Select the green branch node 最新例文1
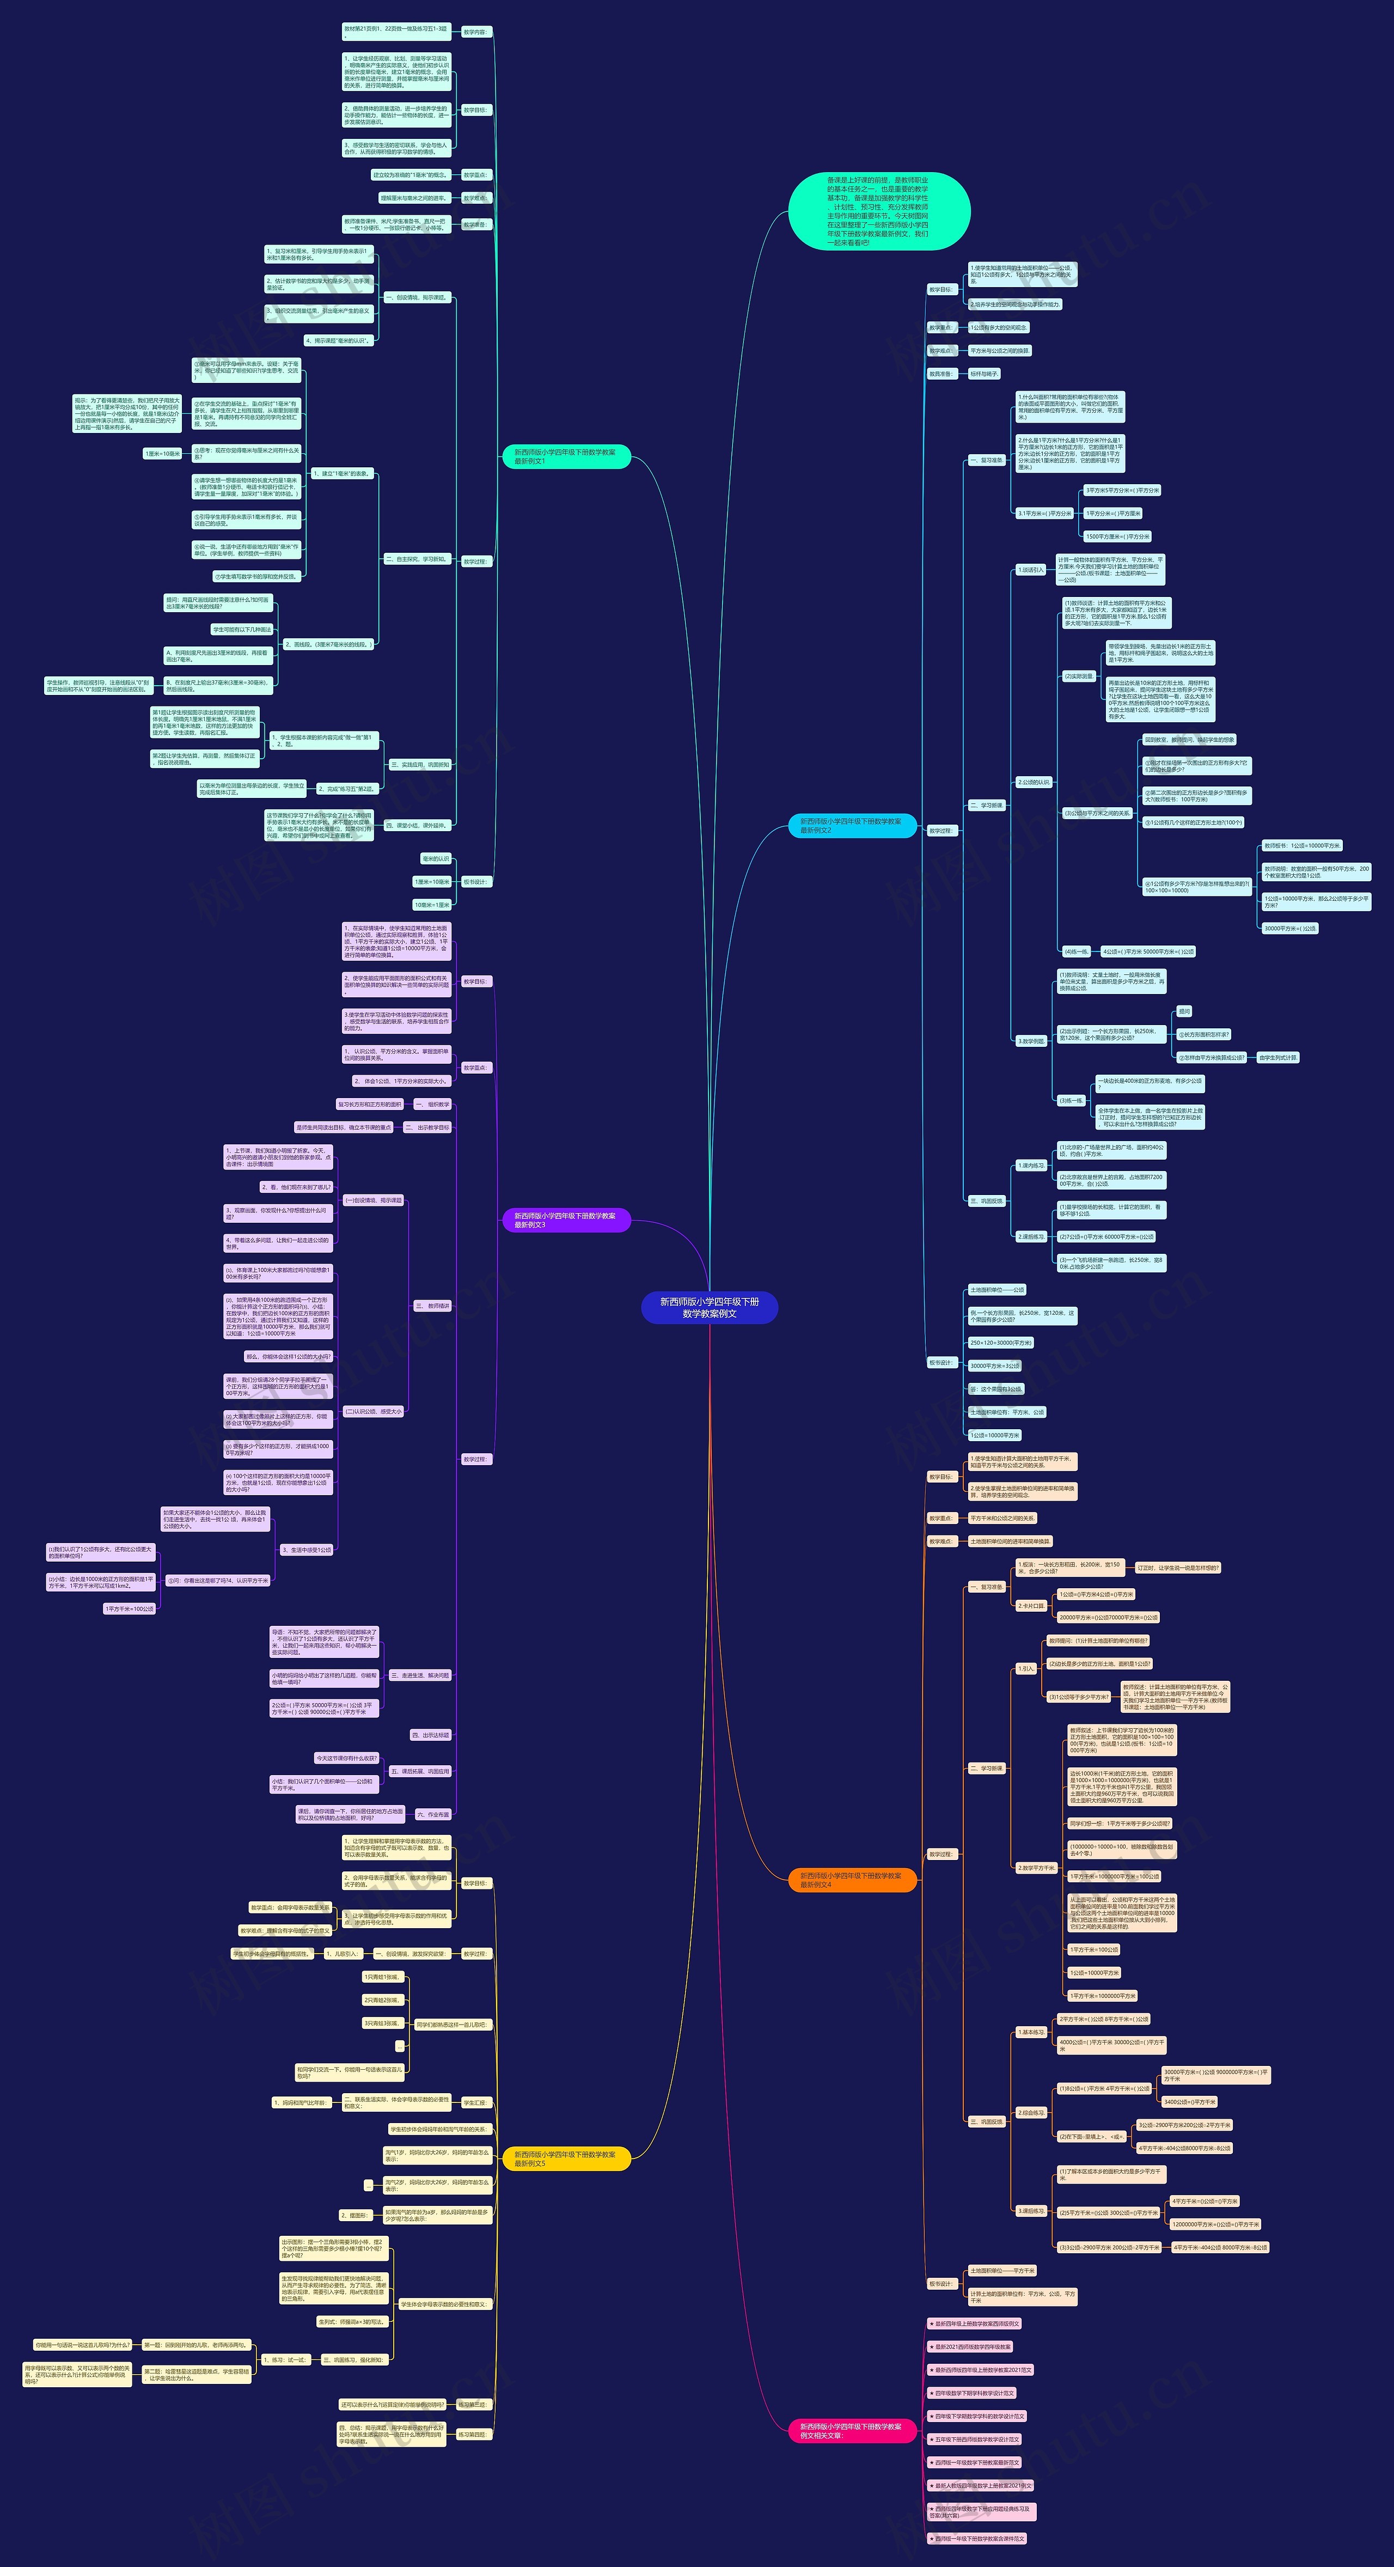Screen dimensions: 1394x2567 pos(566,456)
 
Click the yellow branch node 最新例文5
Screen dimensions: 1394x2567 pos(566,2159)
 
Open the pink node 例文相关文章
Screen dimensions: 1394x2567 pos(852,2430)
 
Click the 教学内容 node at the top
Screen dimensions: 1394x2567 pos(475,32)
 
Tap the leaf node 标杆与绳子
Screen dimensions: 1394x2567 pos(983,374)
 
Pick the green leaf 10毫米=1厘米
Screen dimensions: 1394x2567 pos(432,905)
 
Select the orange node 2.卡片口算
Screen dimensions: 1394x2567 pos(1031,1605)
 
